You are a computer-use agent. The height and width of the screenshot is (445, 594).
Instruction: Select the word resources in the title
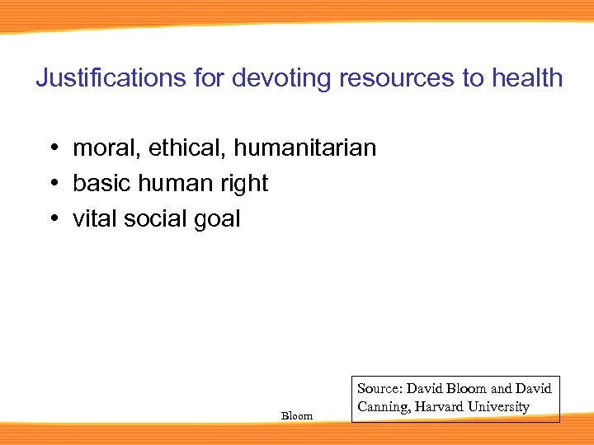tap(388, 78)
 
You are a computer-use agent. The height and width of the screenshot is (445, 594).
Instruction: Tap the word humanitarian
tap(305, 148)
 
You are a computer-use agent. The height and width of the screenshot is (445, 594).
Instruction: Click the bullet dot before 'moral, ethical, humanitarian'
tap(52, 148)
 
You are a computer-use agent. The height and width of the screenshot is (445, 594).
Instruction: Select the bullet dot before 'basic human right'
tap(52, 183)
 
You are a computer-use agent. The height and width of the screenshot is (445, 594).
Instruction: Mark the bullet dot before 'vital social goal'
tap(52, 218)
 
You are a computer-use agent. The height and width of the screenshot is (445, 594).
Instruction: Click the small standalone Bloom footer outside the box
tap(297, 416)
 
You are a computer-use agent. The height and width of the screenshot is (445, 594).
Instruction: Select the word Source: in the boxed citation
tap(380, 389)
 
